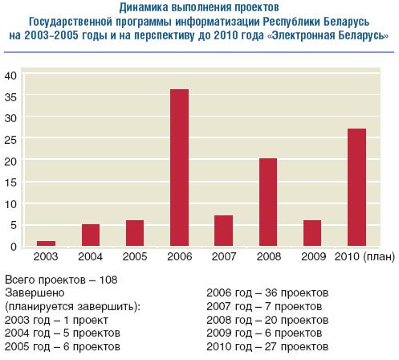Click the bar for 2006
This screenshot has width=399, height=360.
coord(180,168)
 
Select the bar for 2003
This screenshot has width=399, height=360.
coord(46,243)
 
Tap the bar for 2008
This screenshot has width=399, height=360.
coord(268,202)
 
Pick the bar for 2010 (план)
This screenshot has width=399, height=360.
coord(356,187)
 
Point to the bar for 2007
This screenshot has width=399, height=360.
coord(223,231)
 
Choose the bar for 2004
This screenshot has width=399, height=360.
coord(91,235)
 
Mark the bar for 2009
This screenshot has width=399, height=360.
coord(312,233)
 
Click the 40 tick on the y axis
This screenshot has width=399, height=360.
coord(10,76)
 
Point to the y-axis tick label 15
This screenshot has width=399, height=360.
coord(10,182)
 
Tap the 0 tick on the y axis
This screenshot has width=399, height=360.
coord(14,247)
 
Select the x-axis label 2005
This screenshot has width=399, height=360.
coord(135,256)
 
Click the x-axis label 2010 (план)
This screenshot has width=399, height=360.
coord(364,256)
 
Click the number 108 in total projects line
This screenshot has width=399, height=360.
coord(108,280)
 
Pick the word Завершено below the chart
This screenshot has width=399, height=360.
coord(35,292)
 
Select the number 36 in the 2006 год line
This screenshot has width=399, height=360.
coord(271,292)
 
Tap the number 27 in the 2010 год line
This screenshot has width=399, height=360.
coord(271,346)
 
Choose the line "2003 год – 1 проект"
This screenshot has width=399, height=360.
coord(56,320)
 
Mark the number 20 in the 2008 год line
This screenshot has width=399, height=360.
coord(271,320)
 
